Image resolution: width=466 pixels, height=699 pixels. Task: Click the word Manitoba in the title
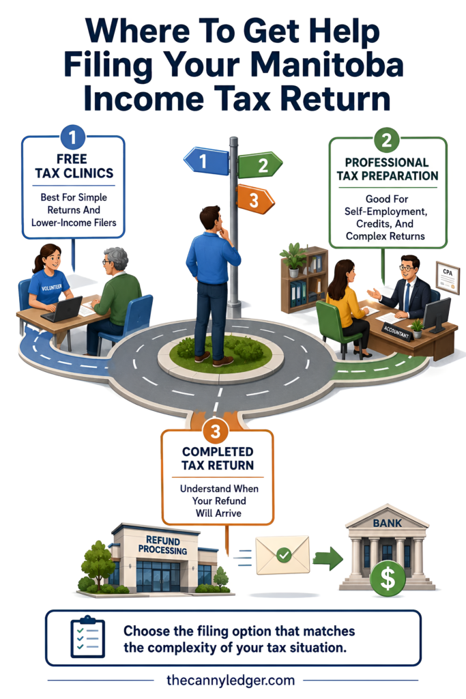click(x=327, y=65)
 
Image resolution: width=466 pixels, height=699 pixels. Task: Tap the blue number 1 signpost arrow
click(x=206, y=160)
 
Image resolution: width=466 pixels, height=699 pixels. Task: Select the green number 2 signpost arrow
click(x=260, y=165)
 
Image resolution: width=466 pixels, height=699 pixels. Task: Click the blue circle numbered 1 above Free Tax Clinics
click(x=72, y=137)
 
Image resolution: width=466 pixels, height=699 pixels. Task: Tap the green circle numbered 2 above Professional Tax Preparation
click(x=386, y=141)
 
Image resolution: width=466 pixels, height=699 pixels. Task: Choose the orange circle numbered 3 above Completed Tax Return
click(x=216, y=431)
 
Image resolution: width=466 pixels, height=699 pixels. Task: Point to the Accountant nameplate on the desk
click(x=396, y=332)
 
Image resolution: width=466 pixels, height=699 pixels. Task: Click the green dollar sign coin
click(x=388, y=578)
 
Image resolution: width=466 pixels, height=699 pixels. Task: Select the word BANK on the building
click(x=387, y=523)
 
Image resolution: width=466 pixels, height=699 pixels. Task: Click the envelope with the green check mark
click(x=282, y=555)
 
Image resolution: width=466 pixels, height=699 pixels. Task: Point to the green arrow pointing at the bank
click(x=328, y=558)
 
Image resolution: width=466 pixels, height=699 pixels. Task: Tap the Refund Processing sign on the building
click(x=162, y=545)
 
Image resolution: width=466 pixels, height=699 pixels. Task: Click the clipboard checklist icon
click(x=88, y=637)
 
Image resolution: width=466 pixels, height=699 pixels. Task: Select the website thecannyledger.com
click(x=231, y=681)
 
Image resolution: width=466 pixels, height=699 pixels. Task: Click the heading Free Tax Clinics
click(x=74, y=166)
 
